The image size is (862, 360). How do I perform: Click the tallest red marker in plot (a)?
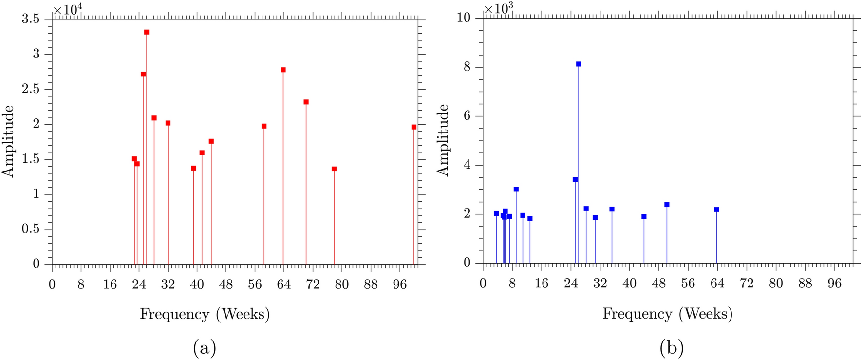click(x=147, y=32)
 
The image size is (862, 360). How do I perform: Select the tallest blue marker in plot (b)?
click(x=579, y=64)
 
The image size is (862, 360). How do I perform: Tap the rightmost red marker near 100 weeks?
click(x=414, y=127)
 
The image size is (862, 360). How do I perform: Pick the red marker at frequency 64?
click(x=283, y=70)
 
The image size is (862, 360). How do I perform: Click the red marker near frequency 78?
click(x=334, y=169)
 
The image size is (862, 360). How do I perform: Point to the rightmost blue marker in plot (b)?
click(x=717, y=209)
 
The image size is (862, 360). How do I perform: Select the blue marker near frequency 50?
click(x=667, y=205)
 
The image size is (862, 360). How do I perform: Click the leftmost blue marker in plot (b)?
click(x=496, y=213)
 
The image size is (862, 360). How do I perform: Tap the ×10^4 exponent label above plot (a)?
click(x=67, y=9)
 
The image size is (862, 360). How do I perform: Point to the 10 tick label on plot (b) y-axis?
click(x=463, y=18)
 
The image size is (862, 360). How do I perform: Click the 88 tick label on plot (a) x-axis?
click(x=371, y=284)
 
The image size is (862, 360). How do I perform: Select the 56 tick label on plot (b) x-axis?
click(x=688, y=284)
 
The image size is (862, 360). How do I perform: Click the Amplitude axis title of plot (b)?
click(x=443, y=140)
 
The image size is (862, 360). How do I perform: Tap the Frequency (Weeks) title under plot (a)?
click(x=205, y=314)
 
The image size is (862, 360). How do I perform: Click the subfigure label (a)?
click(x=205, y=348)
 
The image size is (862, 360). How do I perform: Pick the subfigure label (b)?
click(x=672, y=348)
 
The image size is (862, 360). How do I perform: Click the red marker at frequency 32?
click(x=168, y=123)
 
